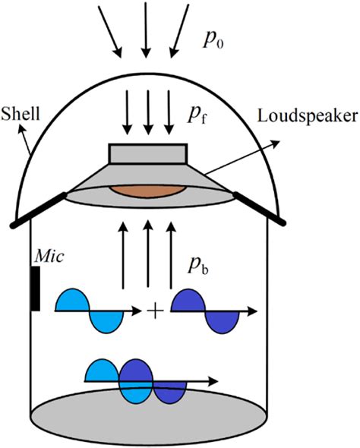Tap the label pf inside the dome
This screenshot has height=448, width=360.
point(200,115)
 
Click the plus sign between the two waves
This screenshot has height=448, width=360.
point(156,311)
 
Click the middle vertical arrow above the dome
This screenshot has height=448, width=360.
point(145,30)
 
